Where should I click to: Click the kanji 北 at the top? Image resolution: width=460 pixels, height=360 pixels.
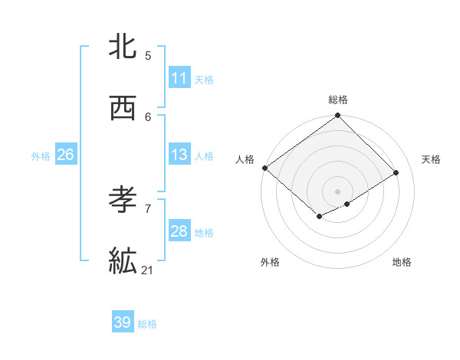click(x=123, y=47)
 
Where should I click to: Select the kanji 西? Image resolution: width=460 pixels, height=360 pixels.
click(x=123, y=108)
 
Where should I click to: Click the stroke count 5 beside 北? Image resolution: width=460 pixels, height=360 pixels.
click(x=148, y=55)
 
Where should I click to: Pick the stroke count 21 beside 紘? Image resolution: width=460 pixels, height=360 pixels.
click(x=148, y=270)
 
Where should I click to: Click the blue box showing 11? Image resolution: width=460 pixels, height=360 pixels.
click(x=179, y=78)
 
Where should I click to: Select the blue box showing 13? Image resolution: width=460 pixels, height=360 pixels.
click(x=179, y=155)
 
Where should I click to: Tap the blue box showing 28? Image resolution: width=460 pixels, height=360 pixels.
click(x=179, y=231)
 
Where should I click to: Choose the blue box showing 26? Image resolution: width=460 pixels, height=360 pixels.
click(x=65, y=155)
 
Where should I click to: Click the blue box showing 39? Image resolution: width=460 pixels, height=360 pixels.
click(x=123, y=322)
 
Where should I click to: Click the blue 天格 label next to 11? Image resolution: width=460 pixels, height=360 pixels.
click(x=204, y=79)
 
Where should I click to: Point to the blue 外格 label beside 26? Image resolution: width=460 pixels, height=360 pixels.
click(x=41, y=155)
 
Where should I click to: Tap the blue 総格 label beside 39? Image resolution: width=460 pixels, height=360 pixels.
click(x=147, y=323)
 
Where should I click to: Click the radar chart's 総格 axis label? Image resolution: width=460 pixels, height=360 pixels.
click(x=338, y=100)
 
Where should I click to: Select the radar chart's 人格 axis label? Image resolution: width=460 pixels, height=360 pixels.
click(x=245, y=159)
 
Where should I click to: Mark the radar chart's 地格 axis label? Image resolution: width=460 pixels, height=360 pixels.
click(x=402, y=262)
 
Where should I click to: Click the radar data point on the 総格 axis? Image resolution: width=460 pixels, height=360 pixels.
click(x=337, y=116)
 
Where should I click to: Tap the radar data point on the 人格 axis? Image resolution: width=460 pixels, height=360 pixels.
click(x=264, y=168)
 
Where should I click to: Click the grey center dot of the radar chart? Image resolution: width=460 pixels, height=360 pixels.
click(x=337, y=191)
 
